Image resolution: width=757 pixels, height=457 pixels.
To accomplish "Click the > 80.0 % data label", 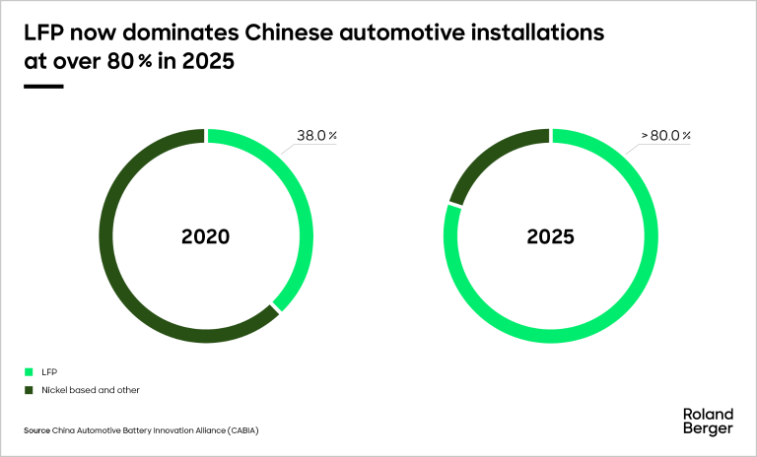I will (x=666, y=136).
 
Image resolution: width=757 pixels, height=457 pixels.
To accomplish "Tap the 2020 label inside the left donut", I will (x=206, y=237).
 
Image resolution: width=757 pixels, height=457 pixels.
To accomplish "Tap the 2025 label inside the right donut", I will (x=551, y=237).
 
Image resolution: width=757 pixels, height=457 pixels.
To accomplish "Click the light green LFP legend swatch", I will (x=28, y=372).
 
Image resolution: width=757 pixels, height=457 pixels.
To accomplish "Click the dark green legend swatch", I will (x=28, y=390).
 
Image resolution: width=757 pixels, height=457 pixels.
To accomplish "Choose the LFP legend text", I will (x=48, y=372).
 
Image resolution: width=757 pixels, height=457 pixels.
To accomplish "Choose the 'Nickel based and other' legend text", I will (x=90, y=390).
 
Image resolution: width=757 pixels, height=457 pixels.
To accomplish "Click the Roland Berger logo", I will (x=707, y=421).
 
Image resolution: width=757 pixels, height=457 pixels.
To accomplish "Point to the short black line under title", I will (x=42, y=87).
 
